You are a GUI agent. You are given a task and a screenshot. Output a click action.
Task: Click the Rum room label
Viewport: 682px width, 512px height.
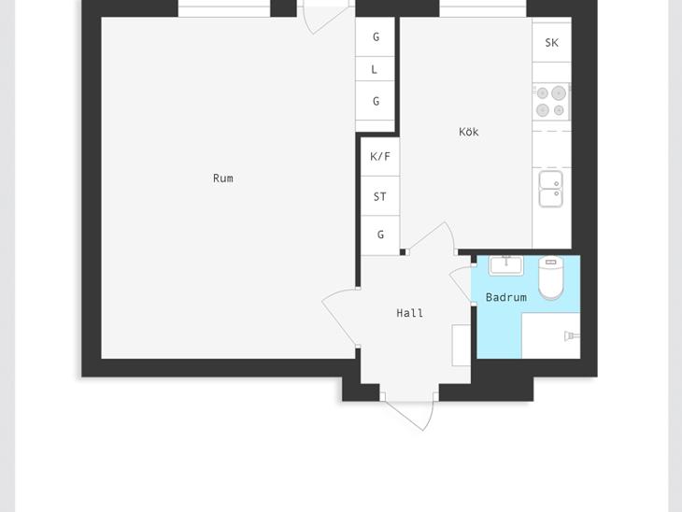[222, 178]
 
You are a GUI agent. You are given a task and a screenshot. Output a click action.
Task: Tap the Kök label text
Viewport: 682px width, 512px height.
[468, 132]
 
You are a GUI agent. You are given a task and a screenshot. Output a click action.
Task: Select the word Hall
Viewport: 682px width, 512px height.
[410, 313]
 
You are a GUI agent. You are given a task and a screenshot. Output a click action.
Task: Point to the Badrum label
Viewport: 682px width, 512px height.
[505, 297]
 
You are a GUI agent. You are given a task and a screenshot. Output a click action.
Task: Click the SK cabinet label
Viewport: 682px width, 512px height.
[551, 43]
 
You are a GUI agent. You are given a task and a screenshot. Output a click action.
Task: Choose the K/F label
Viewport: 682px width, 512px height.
[379, 156]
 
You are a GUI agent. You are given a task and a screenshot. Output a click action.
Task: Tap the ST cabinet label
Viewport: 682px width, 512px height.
[379, 196]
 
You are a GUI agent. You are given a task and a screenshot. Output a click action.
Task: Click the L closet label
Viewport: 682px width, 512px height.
[374, 69]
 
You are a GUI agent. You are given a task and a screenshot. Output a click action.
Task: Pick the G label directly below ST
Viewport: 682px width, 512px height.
[380, 235]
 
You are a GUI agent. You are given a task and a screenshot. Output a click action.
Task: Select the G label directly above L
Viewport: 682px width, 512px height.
[377, 37]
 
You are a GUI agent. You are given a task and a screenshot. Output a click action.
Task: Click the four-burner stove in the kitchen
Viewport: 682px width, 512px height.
[551, 101]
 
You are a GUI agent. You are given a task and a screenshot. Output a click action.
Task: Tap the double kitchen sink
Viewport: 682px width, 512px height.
[551, 189]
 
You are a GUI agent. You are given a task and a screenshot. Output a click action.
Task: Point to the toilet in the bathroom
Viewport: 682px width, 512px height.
[550, 277]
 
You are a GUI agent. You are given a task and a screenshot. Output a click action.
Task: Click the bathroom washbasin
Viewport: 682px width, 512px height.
[506, 265]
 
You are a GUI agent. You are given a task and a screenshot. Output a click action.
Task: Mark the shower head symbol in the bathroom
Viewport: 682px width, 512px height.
[572, 335]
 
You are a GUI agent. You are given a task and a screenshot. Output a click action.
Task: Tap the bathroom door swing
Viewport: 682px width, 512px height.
[459, 284]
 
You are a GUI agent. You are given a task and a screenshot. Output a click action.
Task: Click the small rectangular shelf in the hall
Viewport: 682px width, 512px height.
[461, 345]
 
